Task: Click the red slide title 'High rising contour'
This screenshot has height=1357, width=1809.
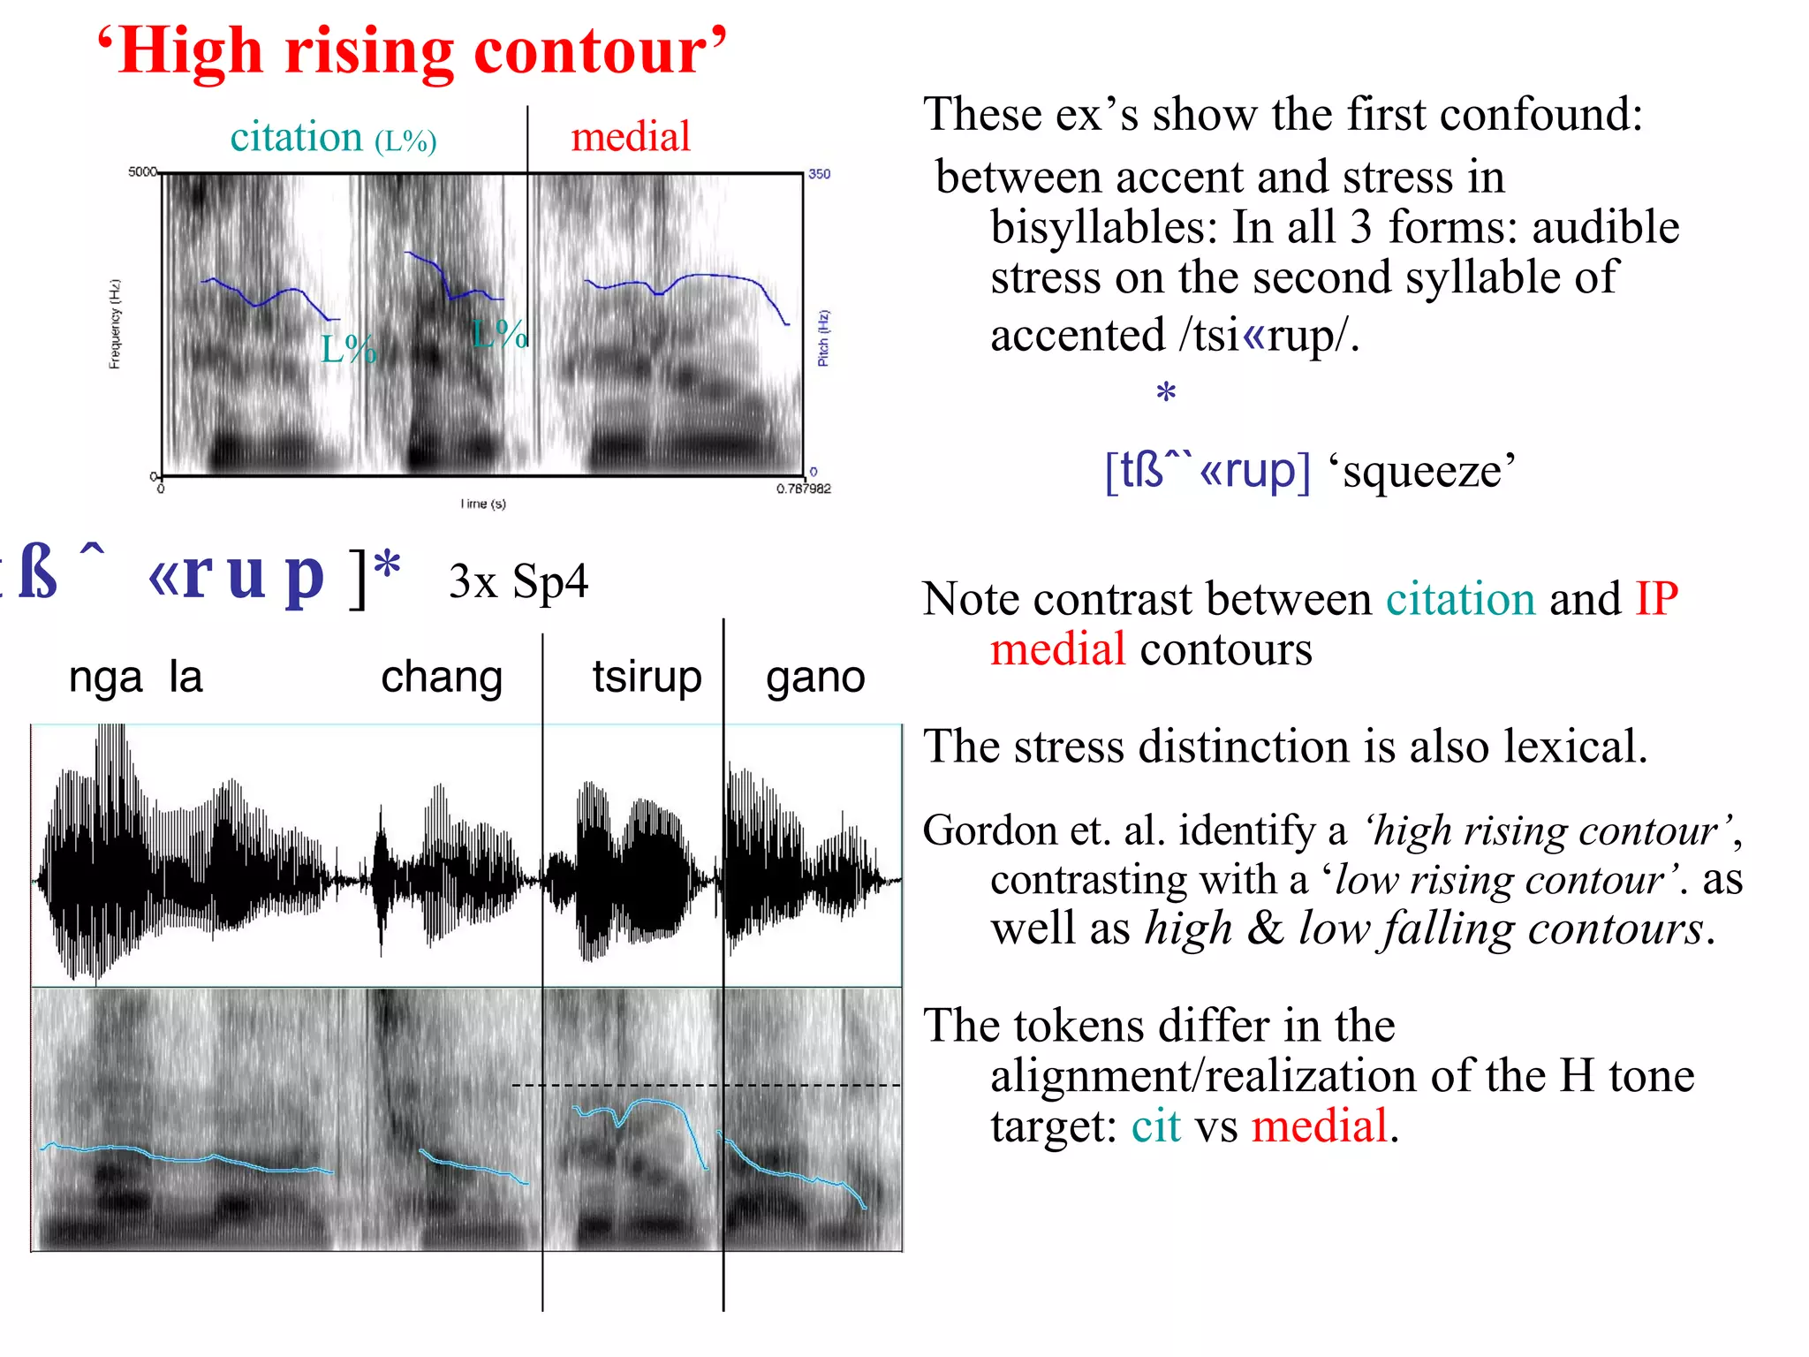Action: coord(412,51)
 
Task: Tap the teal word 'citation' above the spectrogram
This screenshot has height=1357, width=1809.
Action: coord(296,137)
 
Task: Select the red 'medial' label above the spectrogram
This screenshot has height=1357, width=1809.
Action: coord(630,137)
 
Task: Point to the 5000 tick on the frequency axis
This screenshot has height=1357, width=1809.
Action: coord(142,171)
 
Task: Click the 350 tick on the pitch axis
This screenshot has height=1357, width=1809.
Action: coord(820,174)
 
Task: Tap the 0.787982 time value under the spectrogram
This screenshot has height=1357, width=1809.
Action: coord(803,489)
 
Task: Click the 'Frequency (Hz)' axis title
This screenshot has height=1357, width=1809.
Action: coord(115,323)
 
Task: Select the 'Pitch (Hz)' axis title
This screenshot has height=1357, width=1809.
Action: coord(823,337)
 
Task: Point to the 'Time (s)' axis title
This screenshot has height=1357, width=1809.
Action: coord(482,504)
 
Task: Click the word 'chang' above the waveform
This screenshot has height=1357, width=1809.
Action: coord(442,678)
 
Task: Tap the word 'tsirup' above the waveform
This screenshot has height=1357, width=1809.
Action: coord(647,678)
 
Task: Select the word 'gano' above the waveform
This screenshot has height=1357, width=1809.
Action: coord(815,678)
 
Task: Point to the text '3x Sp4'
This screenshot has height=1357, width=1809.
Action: coord(518,581)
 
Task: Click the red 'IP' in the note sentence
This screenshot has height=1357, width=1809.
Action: coord(1656,599)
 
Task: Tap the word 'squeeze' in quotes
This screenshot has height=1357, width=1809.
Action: coord(1422,472)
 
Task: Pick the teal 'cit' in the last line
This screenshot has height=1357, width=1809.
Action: coord(1155,1126)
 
